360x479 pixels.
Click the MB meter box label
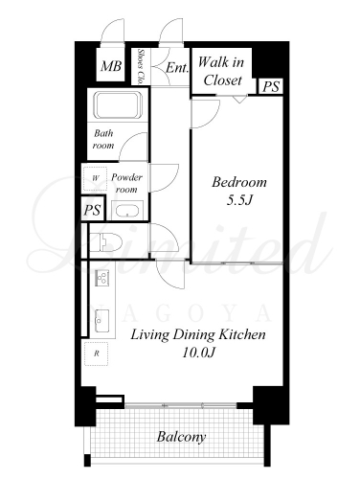tap(111, 66)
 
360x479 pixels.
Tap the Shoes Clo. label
tap(140, 66)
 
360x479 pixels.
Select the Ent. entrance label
tap(177, 68)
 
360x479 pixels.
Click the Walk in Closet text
tap(221, 71)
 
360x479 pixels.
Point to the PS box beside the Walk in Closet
tap(271, 86)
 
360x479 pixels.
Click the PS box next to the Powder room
tap(93, 210)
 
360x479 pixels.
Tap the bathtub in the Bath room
tap(119, 105)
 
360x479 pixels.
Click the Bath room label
tap(103, 139)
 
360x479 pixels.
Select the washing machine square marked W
tap(96, 178)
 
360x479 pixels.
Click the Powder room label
tap(126, 183)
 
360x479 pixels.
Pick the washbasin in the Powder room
tap(127, 211)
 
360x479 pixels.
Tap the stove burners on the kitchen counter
tap(102, 278)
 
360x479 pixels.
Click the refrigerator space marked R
tap(96, 354)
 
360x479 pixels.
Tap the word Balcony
tap(181, 437)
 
